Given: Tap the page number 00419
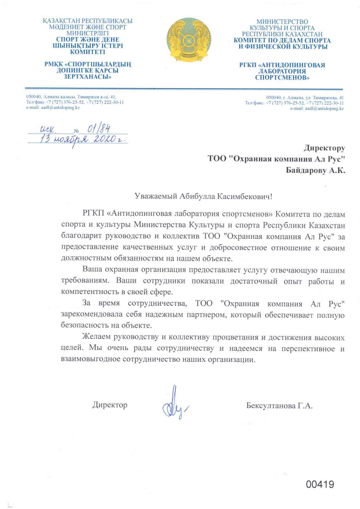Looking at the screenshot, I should point(320,484).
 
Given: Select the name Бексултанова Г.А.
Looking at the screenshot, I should point(279,405).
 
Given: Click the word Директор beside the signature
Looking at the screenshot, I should point(110,405).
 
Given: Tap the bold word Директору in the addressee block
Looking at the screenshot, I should point(324,148).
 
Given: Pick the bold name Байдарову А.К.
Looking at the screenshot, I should point(315,170).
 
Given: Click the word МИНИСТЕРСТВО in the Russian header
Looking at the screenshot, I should point(282,22).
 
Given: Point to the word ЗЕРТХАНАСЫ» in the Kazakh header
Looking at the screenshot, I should point(87,77).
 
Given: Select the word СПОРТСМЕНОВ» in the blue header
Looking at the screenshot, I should point(282,78).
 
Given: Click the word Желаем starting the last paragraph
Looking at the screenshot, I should point(96,337).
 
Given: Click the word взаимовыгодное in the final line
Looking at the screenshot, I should point(91,359).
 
